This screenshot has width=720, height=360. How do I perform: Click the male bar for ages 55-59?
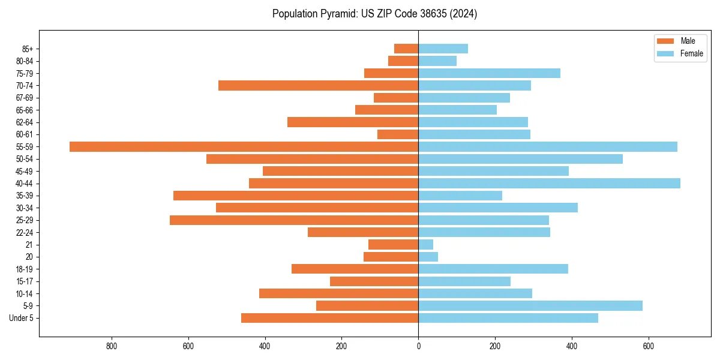pyautogui.click(x=244, y=146)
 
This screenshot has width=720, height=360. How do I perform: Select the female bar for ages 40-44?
pyautogui.click(x=549, y=183)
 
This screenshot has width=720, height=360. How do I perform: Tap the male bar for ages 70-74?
pyautogui.click(x=318, y=85)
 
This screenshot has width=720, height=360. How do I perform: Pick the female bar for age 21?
pyautogui.click(x=425, y=244)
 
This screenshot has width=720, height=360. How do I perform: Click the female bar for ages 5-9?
pyautogui.click(x=530, y=305)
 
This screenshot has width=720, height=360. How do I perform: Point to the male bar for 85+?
pyautogui.click(x=406, y=49)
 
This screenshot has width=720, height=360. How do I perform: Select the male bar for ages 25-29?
pyautogui.click(x=294, y=220)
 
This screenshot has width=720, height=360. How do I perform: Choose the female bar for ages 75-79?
pyautogui.click(x=489, y=73)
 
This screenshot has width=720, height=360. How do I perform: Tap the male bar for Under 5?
pyautogui.click(x=329, y=318)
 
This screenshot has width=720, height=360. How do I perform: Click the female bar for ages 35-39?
pyautogui.click(x=460, y=196)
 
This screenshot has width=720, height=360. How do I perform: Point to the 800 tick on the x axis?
pyautogui.click(x=112, y=346)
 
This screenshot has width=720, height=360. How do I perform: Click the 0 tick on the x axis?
pyautogui.click(x=418, y=346)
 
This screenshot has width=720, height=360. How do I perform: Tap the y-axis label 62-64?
pyautogui.click(x=25, y=122)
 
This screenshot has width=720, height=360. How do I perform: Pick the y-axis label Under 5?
pyautogui.click(x=22, y=318)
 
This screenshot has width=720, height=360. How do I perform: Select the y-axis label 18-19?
pyautogui.click(x=25, y=269)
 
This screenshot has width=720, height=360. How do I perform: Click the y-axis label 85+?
pyautogui.click(x=27, y=49)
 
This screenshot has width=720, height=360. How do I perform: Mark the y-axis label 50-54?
pyautogui.click(x=25, y=159)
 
